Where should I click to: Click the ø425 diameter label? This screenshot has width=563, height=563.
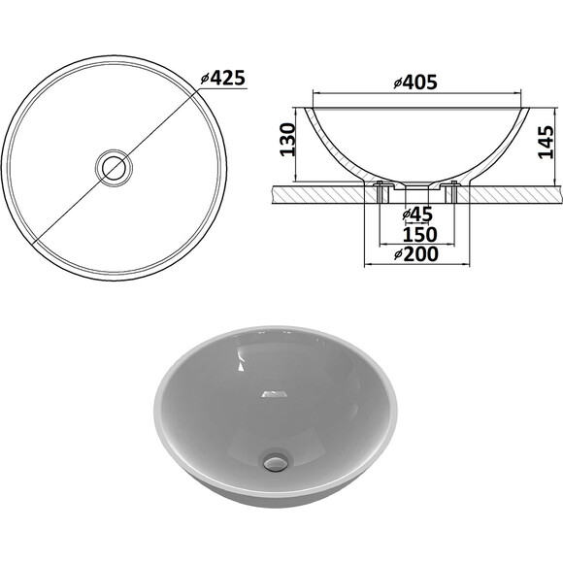223,78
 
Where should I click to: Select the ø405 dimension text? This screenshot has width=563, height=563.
415,83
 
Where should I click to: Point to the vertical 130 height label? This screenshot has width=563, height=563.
287,140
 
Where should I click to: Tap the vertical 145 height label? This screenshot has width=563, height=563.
546,142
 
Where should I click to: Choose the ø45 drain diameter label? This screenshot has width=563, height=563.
417,215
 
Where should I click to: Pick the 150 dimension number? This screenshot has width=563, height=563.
419,235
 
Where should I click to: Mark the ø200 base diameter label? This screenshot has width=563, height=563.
416,254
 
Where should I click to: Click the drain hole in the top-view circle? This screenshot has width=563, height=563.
114,168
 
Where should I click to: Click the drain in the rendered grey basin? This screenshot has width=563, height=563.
276,461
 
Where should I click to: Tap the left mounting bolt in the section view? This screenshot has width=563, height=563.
380,192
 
